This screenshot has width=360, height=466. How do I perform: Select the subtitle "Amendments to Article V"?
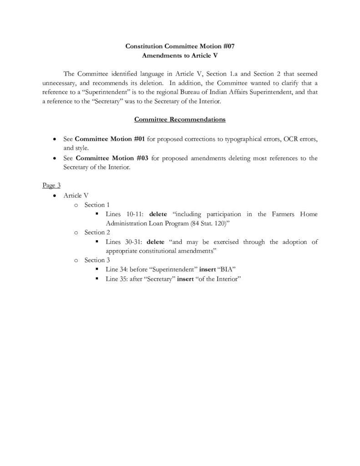pyautogui.click(x=180, y=55)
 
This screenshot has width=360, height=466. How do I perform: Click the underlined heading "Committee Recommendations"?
pyautogui.click(x=180, y=120)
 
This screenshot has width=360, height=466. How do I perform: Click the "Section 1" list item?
pyautogui.click(x=97, y=205)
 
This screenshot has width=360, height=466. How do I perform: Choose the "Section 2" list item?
pyautogui.click(x=97, y=233)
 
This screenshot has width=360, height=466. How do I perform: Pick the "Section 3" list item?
pyautogui.click(x=97, y=260)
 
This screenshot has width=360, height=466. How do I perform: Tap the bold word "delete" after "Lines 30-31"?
pyautogui.click(x=157, y=242)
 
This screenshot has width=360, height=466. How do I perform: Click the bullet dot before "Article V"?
pyautogui.click(x=55, y=195)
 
